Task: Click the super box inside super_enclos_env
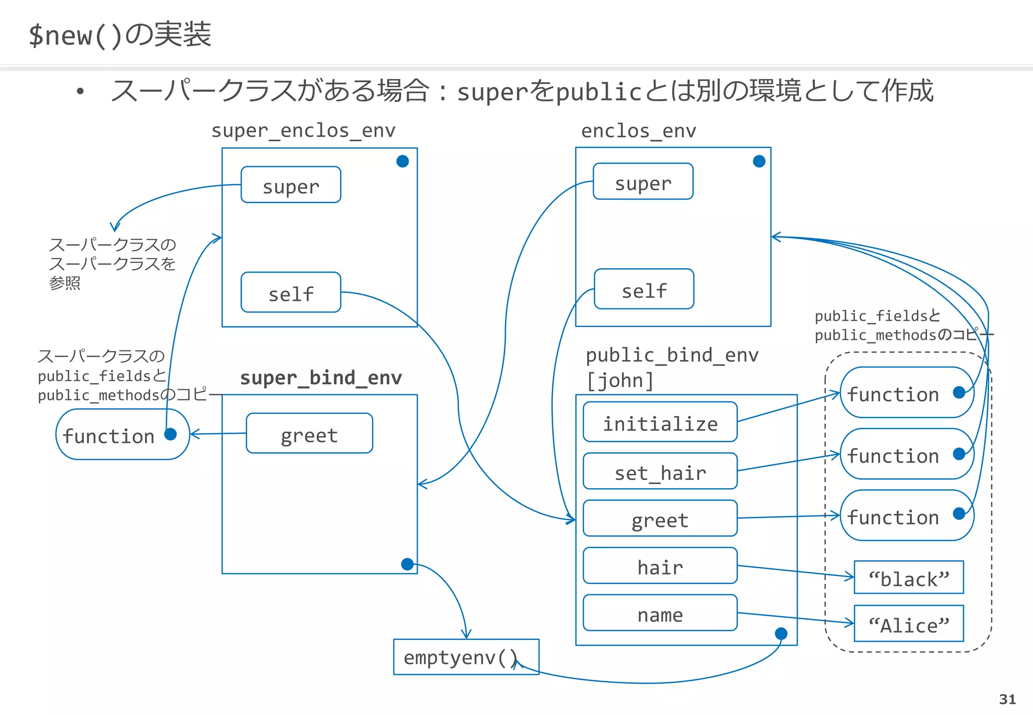[291, 185]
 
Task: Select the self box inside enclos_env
[644, 289]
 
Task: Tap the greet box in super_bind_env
[309, 434]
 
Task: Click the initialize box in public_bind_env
[660, 422]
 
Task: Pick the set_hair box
[660, 471]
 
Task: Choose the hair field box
[660, 566]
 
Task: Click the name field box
[660, 613]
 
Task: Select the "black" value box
[908, 577]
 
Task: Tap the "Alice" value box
[908, 624]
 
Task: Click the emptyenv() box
[466, 657]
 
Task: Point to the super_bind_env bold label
[321, 378]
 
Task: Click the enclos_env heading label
[638, 131]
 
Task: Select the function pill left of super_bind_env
[122, 435]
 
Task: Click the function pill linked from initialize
[906, 393]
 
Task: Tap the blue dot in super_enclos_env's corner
[403, 161]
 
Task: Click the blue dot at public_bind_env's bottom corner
[781, 633]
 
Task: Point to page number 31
[1007, 699]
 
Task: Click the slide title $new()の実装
[120, 35]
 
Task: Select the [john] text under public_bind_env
[620, 381]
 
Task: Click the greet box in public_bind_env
[660, 519]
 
